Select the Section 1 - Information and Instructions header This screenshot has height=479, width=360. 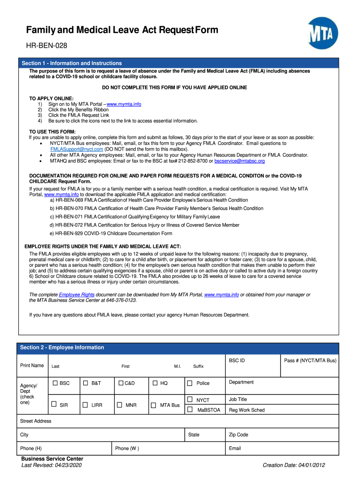coord(72,63)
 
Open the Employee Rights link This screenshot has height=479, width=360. coord(77,295)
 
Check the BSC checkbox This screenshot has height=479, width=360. coord(55,383)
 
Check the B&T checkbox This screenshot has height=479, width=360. coord(86,383)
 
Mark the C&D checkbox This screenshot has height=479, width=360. coord(121,383)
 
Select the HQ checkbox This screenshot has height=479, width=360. coord(155,383)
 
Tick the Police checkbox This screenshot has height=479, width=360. coord(190,383)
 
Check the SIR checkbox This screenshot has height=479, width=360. coord(54,404)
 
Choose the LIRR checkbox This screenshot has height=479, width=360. coord(86,405)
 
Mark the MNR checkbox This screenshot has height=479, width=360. coord(120,405)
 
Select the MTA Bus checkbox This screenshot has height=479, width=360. coord(154,405)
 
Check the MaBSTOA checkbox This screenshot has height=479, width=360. coord(190,410)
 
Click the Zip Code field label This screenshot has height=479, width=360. coord(238,435)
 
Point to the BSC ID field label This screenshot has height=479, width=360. coord(237,361)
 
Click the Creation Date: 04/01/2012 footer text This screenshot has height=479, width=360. coord(294,465)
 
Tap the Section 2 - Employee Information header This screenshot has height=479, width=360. coord(62,348)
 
